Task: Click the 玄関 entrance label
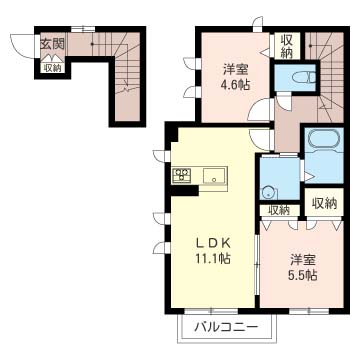coord(52,43)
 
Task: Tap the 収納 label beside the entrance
coord(53,68)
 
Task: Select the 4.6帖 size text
coord(235,85)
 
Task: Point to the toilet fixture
coord(304,78)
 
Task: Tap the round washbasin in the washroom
coord(269,192)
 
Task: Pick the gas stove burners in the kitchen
coord(182,175)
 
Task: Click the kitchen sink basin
coord(215,176)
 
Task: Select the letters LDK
coord(213,244)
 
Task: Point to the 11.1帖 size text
coord(213,259)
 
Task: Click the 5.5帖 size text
coord(302,274)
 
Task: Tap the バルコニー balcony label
coord(226,327)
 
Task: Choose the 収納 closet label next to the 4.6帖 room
coord(287,46)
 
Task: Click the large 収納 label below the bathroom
coord(324,203)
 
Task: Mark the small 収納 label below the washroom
coord(279,210)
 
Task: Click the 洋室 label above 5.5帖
coord(303,259)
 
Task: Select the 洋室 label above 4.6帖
coord(235,70)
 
